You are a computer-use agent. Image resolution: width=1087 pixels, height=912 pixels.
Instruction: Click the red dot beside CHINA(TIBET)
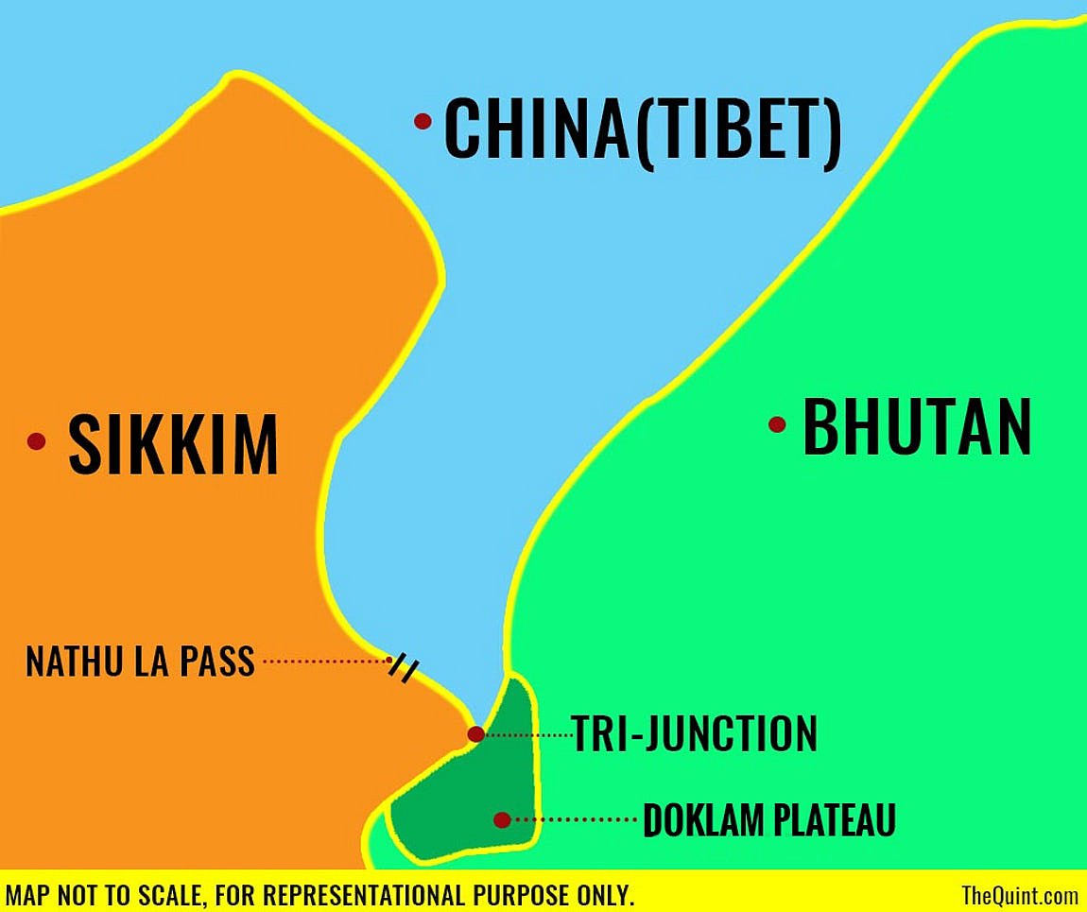(423, 121)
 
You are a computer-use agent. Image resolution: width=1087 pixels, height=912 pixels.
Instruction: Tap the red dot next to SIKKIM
(37, 440)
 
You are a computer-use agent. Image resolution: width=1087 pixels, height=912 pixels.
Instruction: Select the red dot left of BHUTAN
(777, 424)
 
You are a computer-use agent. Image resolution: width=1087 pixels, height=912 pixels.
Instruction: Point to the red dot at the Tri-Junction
(475, 734)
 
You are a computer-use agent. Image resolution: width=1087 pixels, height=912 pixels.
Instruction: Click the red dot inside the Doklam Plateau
(502, 819)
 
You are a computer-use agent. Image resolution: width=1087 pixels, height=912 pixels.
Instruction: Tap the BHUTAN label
(916, 428)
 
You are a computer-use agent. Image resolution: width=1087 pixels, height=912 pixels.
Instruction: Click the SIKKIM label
(174, 444)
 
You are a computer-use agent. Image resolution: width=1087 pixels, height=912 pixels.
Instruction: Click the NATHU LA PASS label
(140, 662)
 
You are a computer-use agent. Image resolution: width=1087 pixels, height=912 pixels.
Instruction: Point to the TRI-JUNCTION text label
(694, 733)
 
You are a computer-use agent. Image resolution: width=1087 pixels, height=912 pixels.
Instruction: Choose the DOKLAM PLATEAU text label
(768, 820)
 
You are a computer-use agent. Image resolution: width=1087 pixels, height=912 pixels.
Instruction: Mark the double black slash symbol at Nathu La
(404, 667)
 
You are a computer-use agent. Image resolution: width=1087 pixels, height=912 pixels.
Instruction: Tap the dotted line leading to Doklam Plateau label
(576, 819)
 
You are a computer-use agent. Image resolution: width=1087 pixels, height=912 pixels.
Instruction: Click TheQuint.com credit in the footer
(1019, 894)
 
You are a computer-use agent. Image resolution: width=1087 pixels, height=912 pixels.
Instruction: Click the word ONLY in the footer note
(601, 894)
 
